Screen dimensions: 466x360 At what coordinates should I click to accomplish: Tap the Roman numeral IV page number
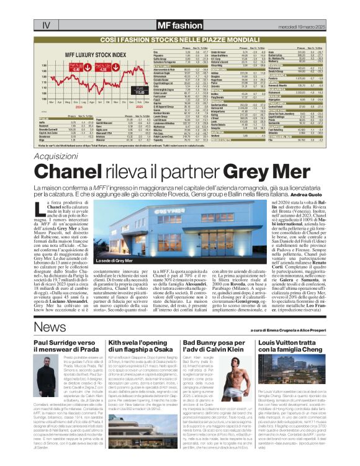(x=46, y=25)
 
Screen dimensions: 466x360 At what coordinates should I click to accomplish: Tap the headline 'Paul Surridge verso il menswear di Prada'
(x=67, y=346)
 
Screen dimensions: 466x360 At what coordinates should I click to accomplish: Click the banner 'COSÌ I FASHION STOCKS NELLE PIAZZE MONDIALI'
(x=179, y=39)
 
